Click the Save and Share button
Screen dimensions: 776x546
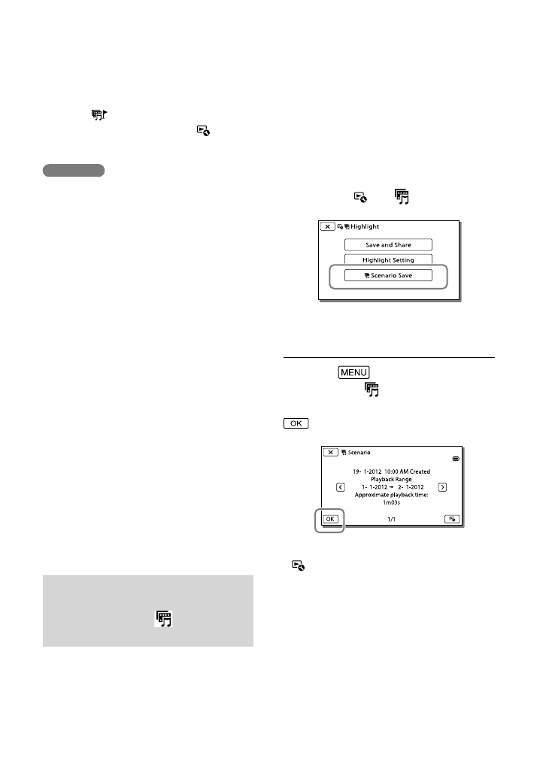tap(389, 244)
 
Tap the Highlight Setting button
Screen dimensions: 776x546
tap(389, 260)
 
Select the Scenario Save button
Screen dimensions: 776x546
tap(389, 275)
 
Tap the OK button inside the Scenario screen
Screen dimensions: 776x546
tap(329, 519)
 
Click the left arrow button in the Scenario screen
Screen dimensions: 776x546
tap(341, 487)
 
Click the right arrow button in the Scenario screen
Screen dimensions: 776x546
tap(442, 487)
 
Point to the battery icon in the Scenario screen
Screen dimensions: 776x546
tap(454, 458)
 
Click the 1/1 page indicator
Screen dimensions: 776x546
tap(391, 519)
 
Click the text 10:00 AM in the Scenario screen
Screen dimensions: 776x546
tap(396, 471)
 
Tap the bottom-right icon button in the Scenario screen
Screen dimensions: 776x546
tap(452, 519)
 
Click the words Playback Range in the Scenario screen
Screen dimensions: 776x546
tap(391, 479)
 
